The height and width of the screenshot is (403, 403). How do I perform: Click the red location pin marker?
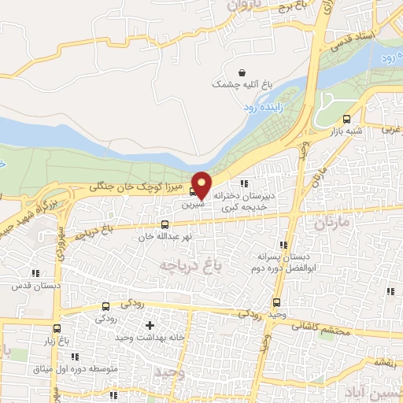click(x=202, y=184)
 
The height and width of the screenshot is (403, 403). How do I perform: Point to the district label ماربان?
click(x=335, y=224)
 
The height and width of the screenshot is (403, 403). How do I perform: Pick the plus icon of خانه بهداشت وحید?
click(x=150, y=325)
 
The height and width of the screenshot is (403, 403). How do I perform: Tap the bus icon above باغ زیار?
click(x=57, y=329)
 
